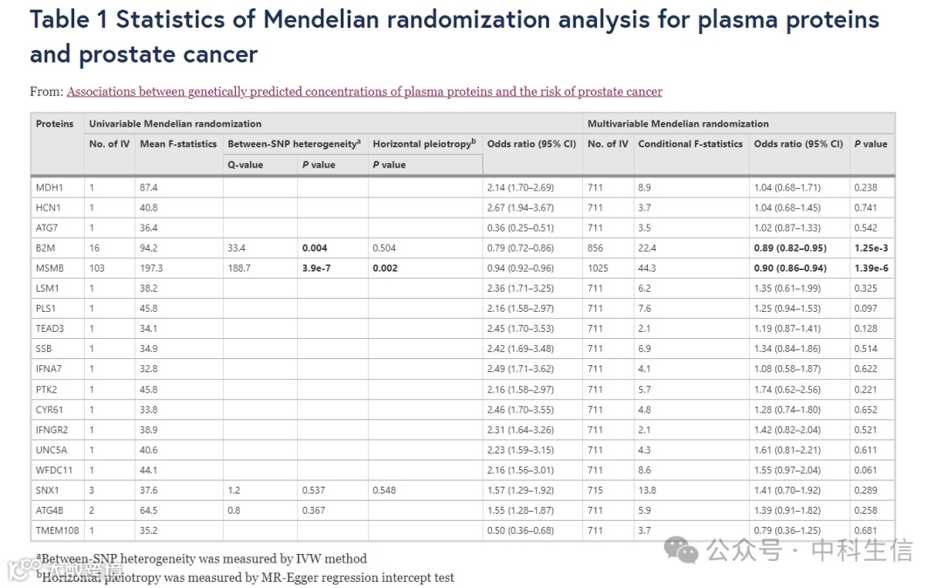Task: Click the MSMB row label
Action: coord(49,268)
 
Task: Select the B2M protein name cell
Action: coord(45,248)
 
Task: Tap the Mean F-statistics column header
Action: coord(178,144)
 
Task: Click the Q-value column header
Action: coord(245,164)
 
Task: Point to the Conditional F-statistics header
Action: coord(691,144)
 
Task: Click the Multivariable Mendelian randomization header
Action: coord(678,124)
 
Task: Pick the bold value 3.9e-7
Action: coord(316,268)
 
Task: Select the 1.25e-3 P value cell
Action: coord(871,248)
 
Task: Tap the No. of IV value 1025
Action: coord(600,268)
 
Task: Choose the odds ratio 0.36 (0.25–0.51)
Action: coord(520,228)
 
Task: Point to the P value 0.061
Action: coord(866,470)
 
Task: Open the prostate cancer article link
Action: coord(364,92)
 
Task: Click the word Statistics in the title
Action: coord(184,20)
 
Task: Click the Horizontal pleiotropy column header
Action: coord(424,144)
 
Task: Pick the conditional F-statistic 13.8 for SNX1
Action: coord(647,490)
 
